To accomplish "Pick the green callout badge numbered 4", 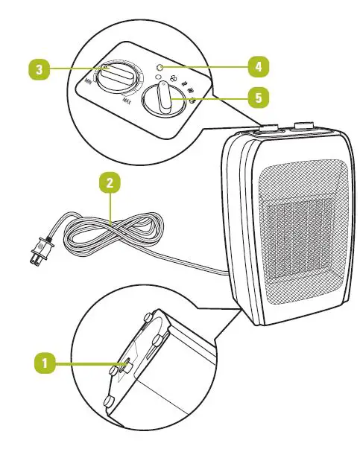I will [x=258, y=67].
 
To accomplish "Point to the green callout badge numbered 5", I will [x=258, y=98].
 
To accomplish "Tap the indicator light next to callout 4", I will [x=159, y=68].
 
